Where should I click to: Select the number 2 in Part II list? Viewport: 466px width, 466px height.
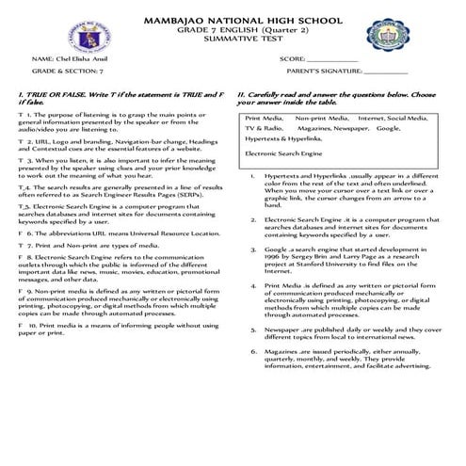point(253,219)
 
